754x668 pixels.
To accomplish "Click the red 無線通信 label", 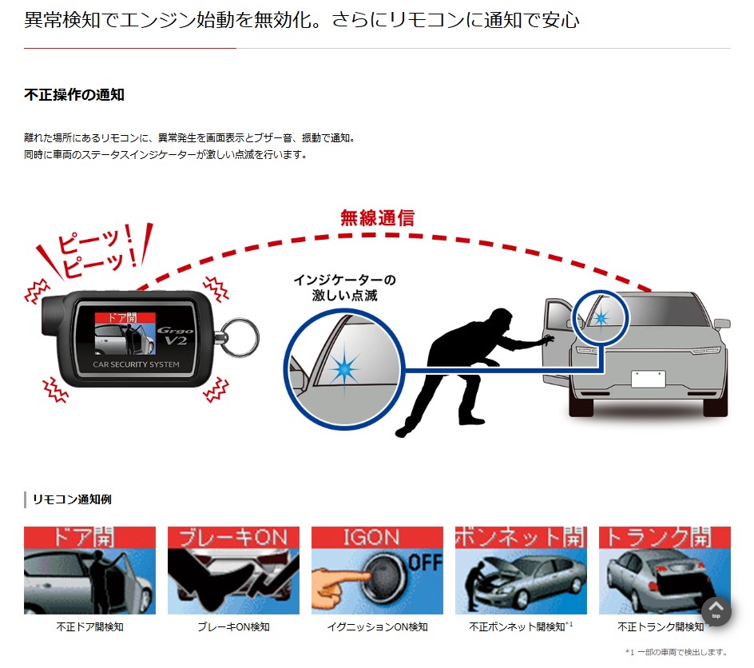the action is pyautogui.click(x=378, y=218).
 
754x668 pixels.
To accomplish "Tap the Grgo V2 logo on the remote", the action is pyautogui.click(x=176, y=336).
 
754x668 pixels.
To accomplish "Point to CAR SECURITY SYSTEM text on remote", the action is pyautogui.click(x=136, y=364).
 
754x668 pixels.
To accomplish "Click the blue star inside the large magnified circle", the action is pyautogui.click(x=345, y=369).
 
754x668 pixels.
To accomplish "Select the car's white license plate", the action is pyautogui.click(x=649, y=379).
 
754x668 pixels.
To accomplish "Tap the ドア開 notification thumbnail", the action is pyautogui.click(x=90, y=571).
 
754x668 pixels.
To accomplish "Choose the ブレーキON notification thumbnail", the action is pyautogui.click(x=233, y=571).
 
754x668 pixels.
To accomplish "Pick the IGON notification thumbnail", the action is pyautogui.click(x=377, y=571).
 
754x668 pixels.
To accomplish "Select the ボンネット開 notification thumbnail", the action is pyautogui.click(x=521, y=571).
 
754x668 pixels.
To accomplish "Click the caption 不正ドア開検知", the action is pyautogui.click(x=90, y=626).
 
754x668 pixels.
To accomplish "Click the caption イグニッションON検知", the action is pyautogui.click(x=377, y=626).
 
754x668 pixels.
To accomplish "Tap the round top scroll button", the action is pyautogui.click(x=716, y=611).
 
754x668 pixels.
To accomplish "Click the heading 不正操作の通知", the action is pyautogui.click(x=74, y=95).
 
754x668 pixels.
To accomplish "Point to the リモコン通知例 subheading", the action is pyautogui.click(x=72, y=499).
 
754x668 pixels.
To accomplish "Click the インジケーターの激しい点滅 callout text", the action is pyautogui.click(x=345, y=288).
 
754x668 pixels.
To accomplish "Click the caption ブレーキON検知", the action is pyautogui.click(x=233, y=626).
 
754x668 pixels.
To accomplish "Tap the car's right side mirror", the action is pyautogui.click(x=722, y=324).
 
